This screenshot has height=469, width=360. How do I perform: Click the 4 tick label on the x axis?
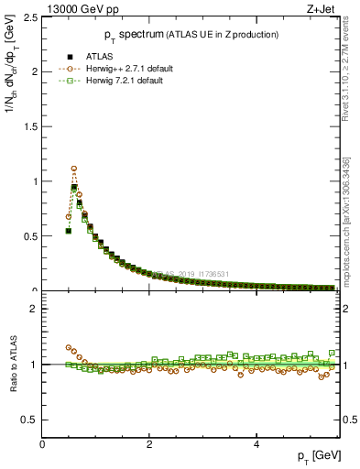click(256, 443)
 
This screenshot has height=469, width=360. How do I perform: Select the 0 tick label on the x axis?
click(43, 443)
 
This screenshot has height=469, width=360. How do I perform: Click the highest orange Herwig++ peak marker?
click(73, 169)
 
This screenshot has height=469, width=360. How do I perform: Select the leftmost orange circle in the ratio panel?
click(68, 348)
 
